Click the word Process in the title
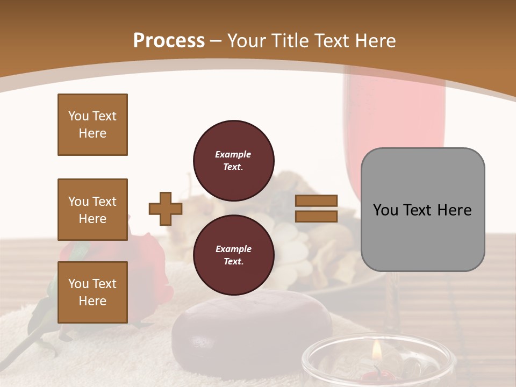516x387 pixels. click(169, 40)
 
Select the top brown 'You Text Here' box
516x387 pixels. click(92, 125)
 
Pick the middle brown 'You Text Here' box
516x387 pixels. click(92, 210)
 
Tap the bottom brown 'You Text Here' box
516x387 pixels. click(92, 292)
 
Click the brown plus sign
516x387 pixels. click(166, 209)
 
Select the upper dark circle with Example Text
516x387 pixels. click(233, 161)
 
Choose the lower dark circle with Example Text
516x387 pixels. click(233, 255)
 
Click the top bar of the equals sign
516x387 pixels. click(317, 201)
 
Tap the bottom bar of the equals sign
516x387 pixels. click(317, 216)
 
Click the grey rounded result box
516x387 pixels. click(422, 210)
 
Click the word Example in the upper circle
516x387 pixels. click(233, 154)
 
